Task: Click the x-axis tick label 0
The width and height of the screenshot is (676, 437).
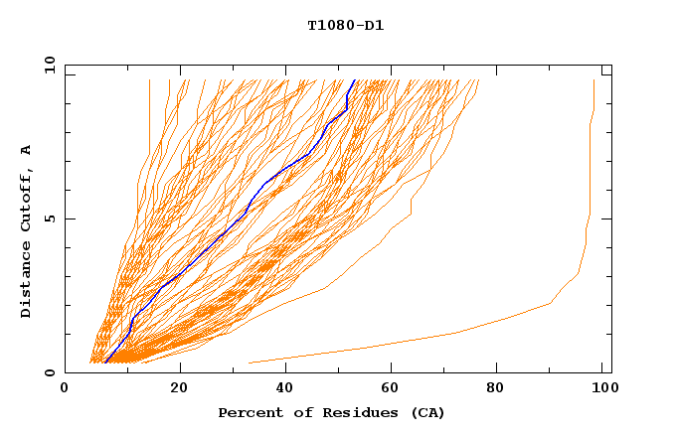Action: (x=65, y=389)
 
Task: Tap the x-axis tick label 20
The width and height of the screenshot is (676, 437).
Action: (x=180, y=389)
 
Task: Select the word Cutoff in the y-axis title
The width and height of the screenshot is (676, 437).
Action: (x=26, y=198)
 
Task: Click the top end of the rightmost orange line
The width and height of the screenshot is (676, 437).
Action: (x=593, y=80)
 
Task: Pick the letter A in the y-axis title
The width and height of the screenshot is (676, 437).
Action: (x=26, y=149)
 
